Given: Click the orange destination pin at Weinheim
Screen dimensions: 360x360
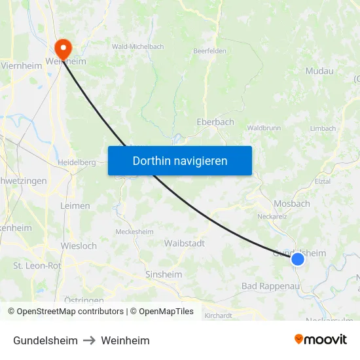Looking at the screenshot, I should pos(63,47).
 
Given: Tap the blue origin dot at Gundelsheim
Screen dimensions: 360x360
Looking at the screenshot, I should pos(298,259).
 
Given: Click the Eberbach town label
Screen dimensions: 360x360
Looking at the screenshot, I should pos(215,122).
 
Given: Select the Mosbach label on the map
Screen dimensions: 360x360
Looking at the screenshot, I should pos(292,204).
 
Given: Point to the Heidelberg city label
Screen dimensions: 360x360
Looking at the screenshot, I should pos(77,162).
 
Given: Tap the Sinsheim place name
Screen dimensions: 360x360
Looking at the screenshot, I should pos(164,274).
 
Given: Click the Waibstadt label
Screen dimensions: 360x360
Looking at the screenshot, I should pos(185,243).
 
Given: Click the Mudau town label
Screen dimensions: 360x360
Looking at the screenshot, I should pos(319,71).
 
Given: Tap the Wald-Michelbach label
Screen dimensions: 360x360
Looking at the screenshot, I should pos(137,46).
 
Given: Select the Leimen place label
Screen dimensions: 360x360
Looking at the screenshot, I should pos(75,206).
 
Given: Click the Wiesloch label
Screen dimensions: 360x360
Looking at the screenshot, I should pos(79,246).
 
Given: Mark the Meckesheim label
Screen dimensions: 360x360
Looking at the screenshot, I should pos(134,232).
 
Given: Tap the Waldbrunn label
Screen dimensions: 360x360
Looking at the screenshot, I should pos(264,128).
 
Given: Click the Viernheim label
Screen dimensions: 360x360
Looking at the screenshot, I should pos(22,65).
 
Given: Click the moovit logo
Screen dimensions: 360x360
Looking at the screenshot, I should pos(321,340).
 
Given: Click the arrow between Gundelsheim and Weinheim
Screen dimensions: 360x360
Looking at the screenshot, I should pos(89,340).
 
